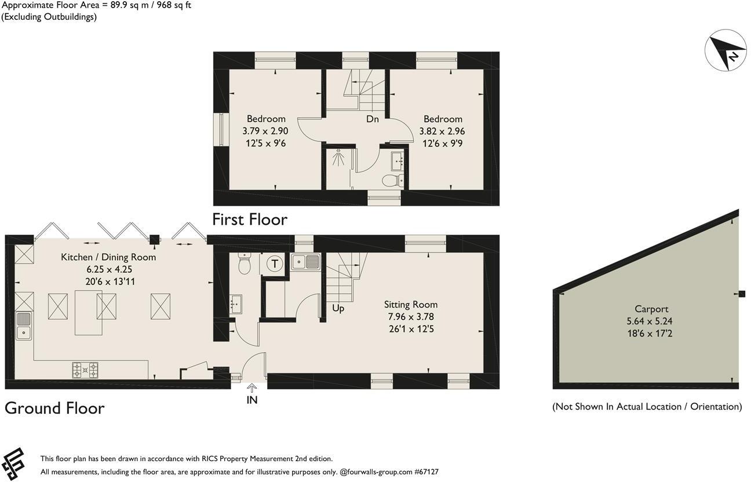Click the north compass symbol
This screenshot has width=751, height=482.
point(725,51)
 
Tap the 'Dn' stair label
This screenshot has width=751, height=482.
point(373,119)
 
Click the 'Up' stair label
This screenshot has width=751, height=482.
point(338,308)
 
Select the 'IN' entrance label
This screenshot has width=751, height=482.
point(252,400)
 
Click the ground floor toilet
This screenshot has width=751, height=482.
point(245,266)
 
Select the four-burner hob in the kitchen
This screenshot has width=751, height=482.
point(85,370)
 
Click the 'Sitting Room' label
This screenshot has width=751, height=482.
point(411,305)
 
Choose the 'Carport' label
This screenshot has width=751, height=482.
point(651,309)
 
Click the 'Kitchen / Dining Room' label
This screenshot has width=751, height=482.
point(108,257)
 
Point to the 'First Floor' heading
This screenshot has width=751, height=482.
point(250,220)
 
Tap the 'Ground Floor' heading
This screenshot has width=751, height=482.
point(54,408)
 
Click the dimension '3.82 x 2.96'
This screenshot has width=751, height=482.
point(442,132)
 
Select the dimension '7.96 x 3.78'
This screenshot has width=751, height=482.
point(411,317)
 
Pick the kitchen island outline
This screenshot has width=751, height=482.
point(89,312)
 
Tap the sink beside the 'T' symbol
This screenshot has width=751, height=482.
point(306,262)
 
